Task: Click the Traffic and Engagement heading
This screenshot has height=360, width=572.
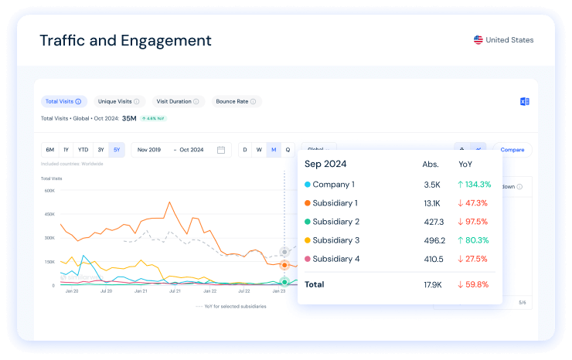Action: (125, 40)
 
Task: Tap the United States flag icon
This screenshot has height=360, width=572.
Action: (478, 40)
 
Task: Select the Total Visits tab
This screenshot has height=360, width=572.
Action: (63, 101)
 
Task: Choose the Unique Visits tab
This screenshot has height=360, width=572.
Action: (117, 101)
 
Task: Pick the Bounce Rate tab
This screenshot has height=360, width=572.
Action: (236, 101)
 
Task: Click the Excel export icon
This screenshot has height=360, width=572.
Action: (525, 102)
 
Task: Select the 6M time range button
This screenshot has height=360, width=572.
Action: (50, 150)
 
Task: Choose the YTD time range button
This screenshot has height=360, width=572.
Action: (83, 150)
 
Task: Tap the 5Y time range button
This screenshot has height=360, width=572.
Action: (116, 150)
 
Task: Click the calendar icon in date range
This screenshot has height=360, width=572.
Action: (221, 150)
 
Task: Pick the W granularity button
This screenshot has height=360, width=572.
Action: (259, 150)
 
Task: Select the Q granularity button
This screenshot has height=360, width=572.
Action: (288, 150)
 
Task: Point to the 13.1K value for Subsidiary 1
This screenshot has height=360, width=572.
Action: (431, 203)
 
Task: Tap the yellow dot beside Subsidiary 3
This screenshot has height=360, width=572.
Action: (308, 240)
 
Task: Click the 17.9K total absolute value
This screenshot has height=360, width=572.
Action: (431, 284)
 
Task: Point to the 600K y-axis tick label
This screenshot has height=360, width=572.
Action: (49, 190)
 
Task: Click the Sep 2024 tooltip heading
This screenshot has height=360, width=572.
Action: (325, 164)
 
